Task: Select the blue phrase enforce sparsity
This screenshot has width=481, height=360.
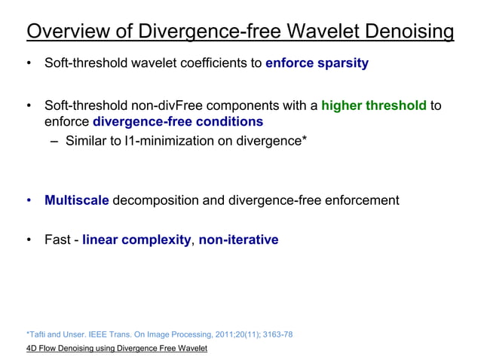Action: click(x=317, y=63)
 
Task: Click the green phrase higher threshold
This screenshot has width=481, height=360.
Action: click(x=374, y=105)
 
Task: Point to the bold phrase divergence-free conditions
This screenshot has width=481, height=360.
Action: click(x=177, y=121)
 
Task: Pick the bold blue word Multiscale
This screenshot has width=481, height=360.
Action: click(x=77, y=200)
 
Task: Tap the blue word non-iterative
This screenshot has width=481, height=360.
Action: click(x=238, y=240)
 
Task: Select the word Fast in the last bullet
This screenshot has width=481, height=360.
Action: click(x=58, y=240)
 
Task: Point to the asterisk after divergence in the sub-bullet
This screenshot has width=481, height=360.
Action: click(x=304, y=138)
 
